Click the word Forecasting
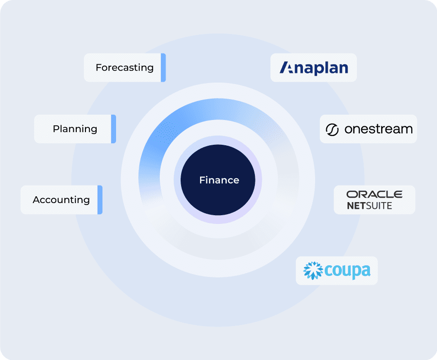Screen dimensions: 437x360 click(125, 68)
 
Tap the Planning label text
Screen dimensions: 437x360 click(75, 129)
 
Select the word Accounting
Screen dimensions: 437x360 click(61, 200)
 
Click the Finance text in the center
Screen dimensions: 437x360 click(219, 180)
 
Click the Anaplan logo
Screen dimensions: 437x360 click(314, 68)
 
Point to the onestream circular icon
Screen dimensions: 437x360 click(332, 130)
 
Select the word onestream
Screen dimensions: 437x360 click(378, 129)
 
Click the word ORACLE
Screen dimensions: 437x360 click(374, 194)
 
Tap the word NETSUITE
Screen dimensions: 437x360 click(370, 206)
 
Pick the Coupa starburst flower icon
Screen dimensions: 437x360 click(313, 270)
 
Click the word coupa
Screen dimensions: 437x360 click(347, 271)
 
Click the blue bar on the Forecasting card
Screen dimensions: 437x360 click(163, 68)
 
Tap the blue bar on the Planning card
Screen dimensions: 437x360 click(114, 129)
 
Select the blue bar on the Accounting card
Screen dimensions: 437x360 click(100, 200)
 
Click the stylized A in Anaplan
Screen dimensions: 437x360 click(286, 68)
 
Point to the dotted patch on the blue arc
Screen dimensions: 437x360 click(167, 131)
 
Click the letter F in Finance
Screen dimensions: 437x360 click(202, 180)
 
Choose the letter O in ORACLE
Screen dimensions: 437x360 click(351, 194)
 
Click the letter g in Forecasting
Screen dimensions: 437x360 click(150, 69)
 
